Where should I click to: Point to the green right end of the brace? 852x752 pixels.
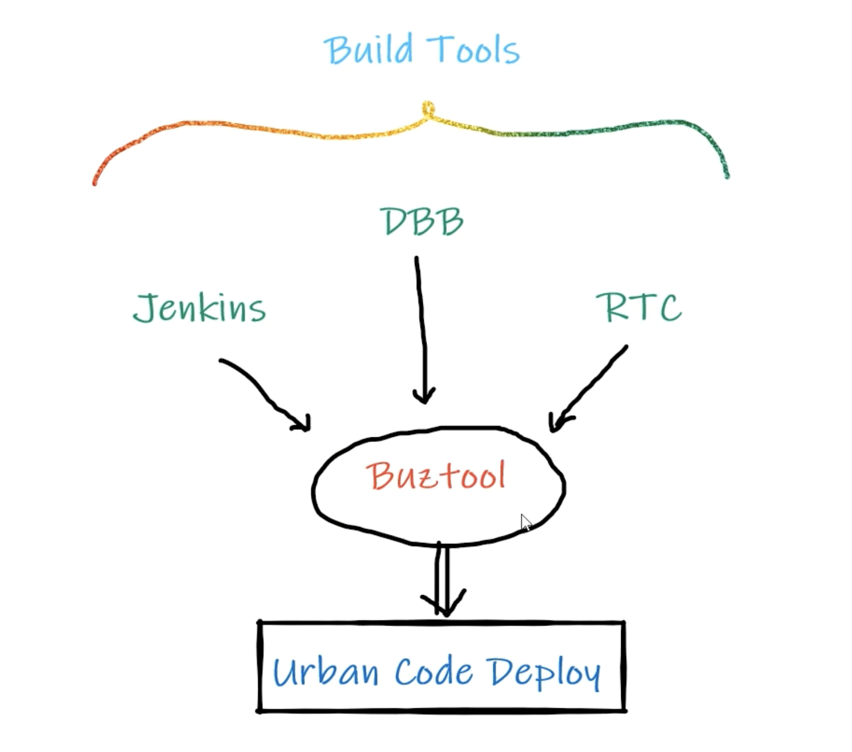pyautogui.click(x=727, y=174)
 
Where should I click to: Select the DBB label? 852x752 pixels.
pyautogui.click(x=421, y=221)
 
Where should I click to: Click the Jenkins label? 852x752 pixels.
pyautogui.click(x=199, y=308)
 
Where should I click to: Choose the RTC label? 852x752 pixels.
pyautogui.click(x=639, y=307)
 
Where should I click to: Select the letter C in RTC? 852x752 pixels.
pyautogui.click(x=669, y=308)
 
